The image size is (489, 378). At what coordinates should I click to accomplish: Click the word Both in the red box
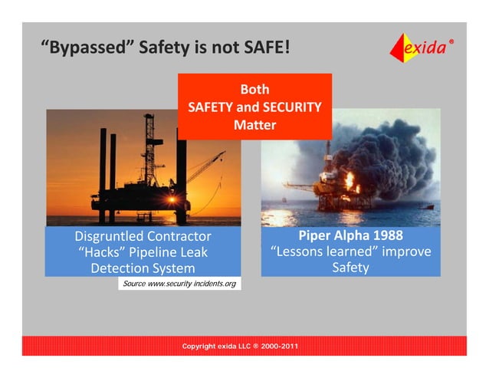point(254,90)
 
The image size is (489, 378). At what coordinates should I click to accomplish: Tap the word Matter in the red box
point(254,124)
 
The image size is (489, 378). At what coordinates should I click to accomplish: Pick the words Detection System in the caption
point(143,268)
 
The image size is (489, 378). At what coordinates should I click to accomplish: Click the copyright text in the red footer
point(240,347)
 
